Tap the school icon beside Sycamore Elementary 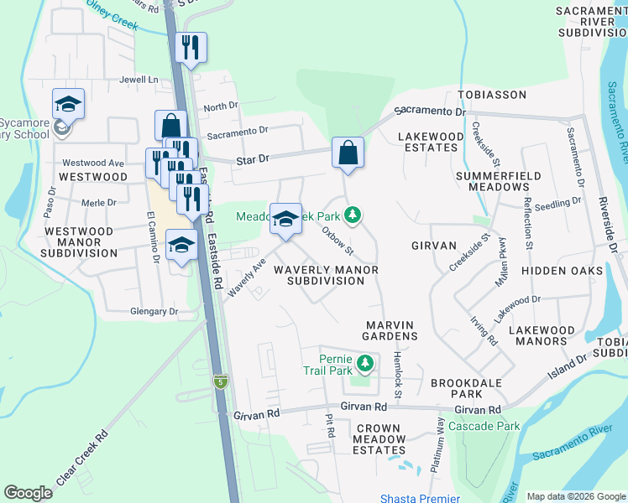pos(69,104)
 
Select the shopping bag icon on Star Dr pos(348,153)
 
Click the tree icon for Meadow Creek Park pos(355,216)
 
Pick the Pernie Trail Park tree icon pos(364,364)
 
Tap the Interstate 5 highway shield pos(219,381)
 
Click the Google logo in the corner pos(28,493)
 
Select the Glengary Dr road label pos(154,311)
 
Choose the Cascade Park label pos(484,427)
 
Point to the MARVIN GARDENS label pos(391,329)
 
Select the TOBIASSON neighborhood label pos(491,96)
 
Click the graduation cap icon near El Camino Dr pos(181,245)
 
